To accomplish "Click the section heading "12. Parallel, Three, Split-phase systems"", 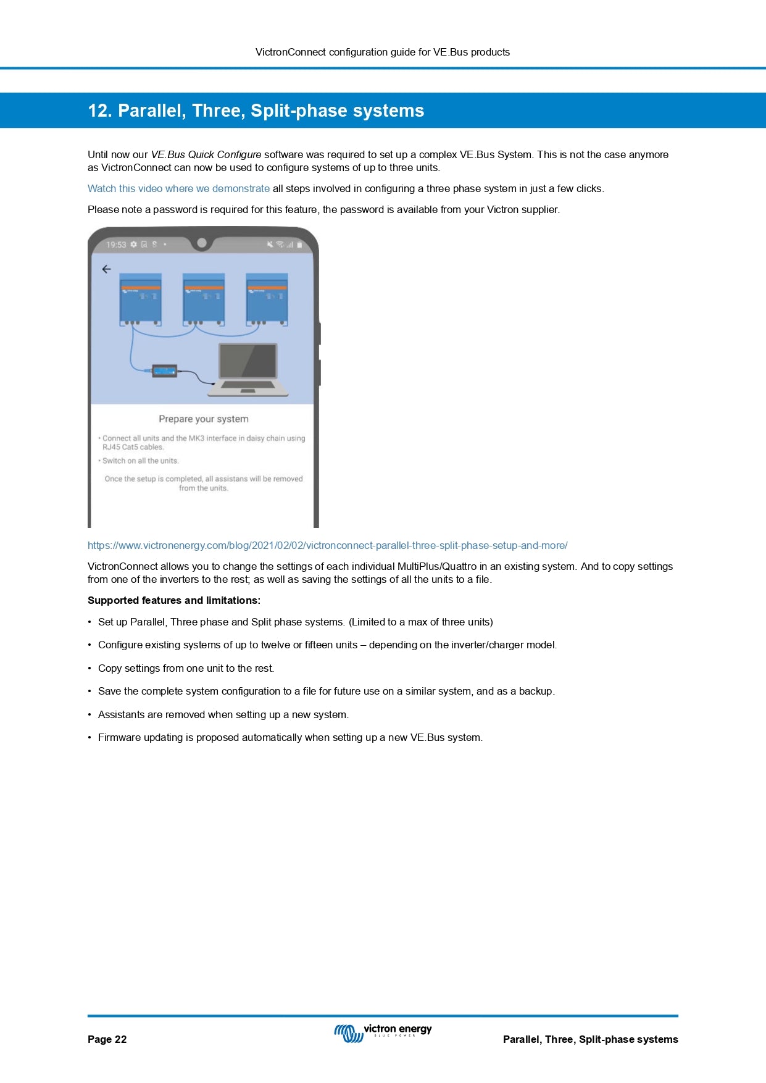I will click(256, 111).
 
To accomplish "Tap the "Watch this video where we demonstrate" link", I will click(178, 188).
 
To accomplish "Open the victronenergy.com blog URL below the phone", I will click(327, 545).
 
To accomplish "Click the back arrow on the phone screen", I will click(106, 269).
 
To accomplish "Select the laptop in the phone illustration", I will click(249, 369).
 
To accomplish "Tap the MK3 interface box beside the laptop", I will click(164, 371).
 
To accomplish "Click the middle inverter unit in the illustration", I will click(204, 299).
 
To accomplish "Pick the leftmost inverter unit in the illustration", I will click(140, 299).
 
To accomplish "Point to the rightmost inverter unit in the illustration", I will click(267, 299).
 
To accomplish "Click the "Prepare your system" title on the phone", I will click(204, 419).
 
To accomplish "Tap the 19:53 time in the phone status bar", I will click(115, 245).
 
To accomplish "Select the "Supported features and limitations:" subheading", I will click(174, 600).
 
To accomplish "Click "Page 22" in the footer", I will click(107, 1039).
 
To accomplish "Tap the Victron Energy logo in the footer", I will click(383, 1032).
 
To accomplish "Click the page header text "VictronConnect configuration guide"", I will click(382, 52).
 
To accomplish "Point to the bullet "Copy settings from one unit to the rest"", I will click(186, 668).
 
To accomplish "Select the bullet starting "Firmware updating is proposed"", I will click(290, 737).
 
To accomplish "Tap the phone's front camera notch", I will click(201, 243).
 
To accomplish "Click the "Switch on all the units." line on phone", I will click(141, 461).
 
